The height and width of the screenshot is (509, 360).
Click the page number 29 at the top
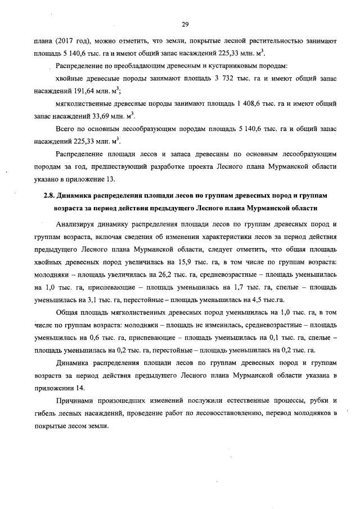[x=184, y=24]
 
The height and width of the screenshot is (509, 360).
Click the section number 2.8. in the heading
[x=51, y=195]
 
